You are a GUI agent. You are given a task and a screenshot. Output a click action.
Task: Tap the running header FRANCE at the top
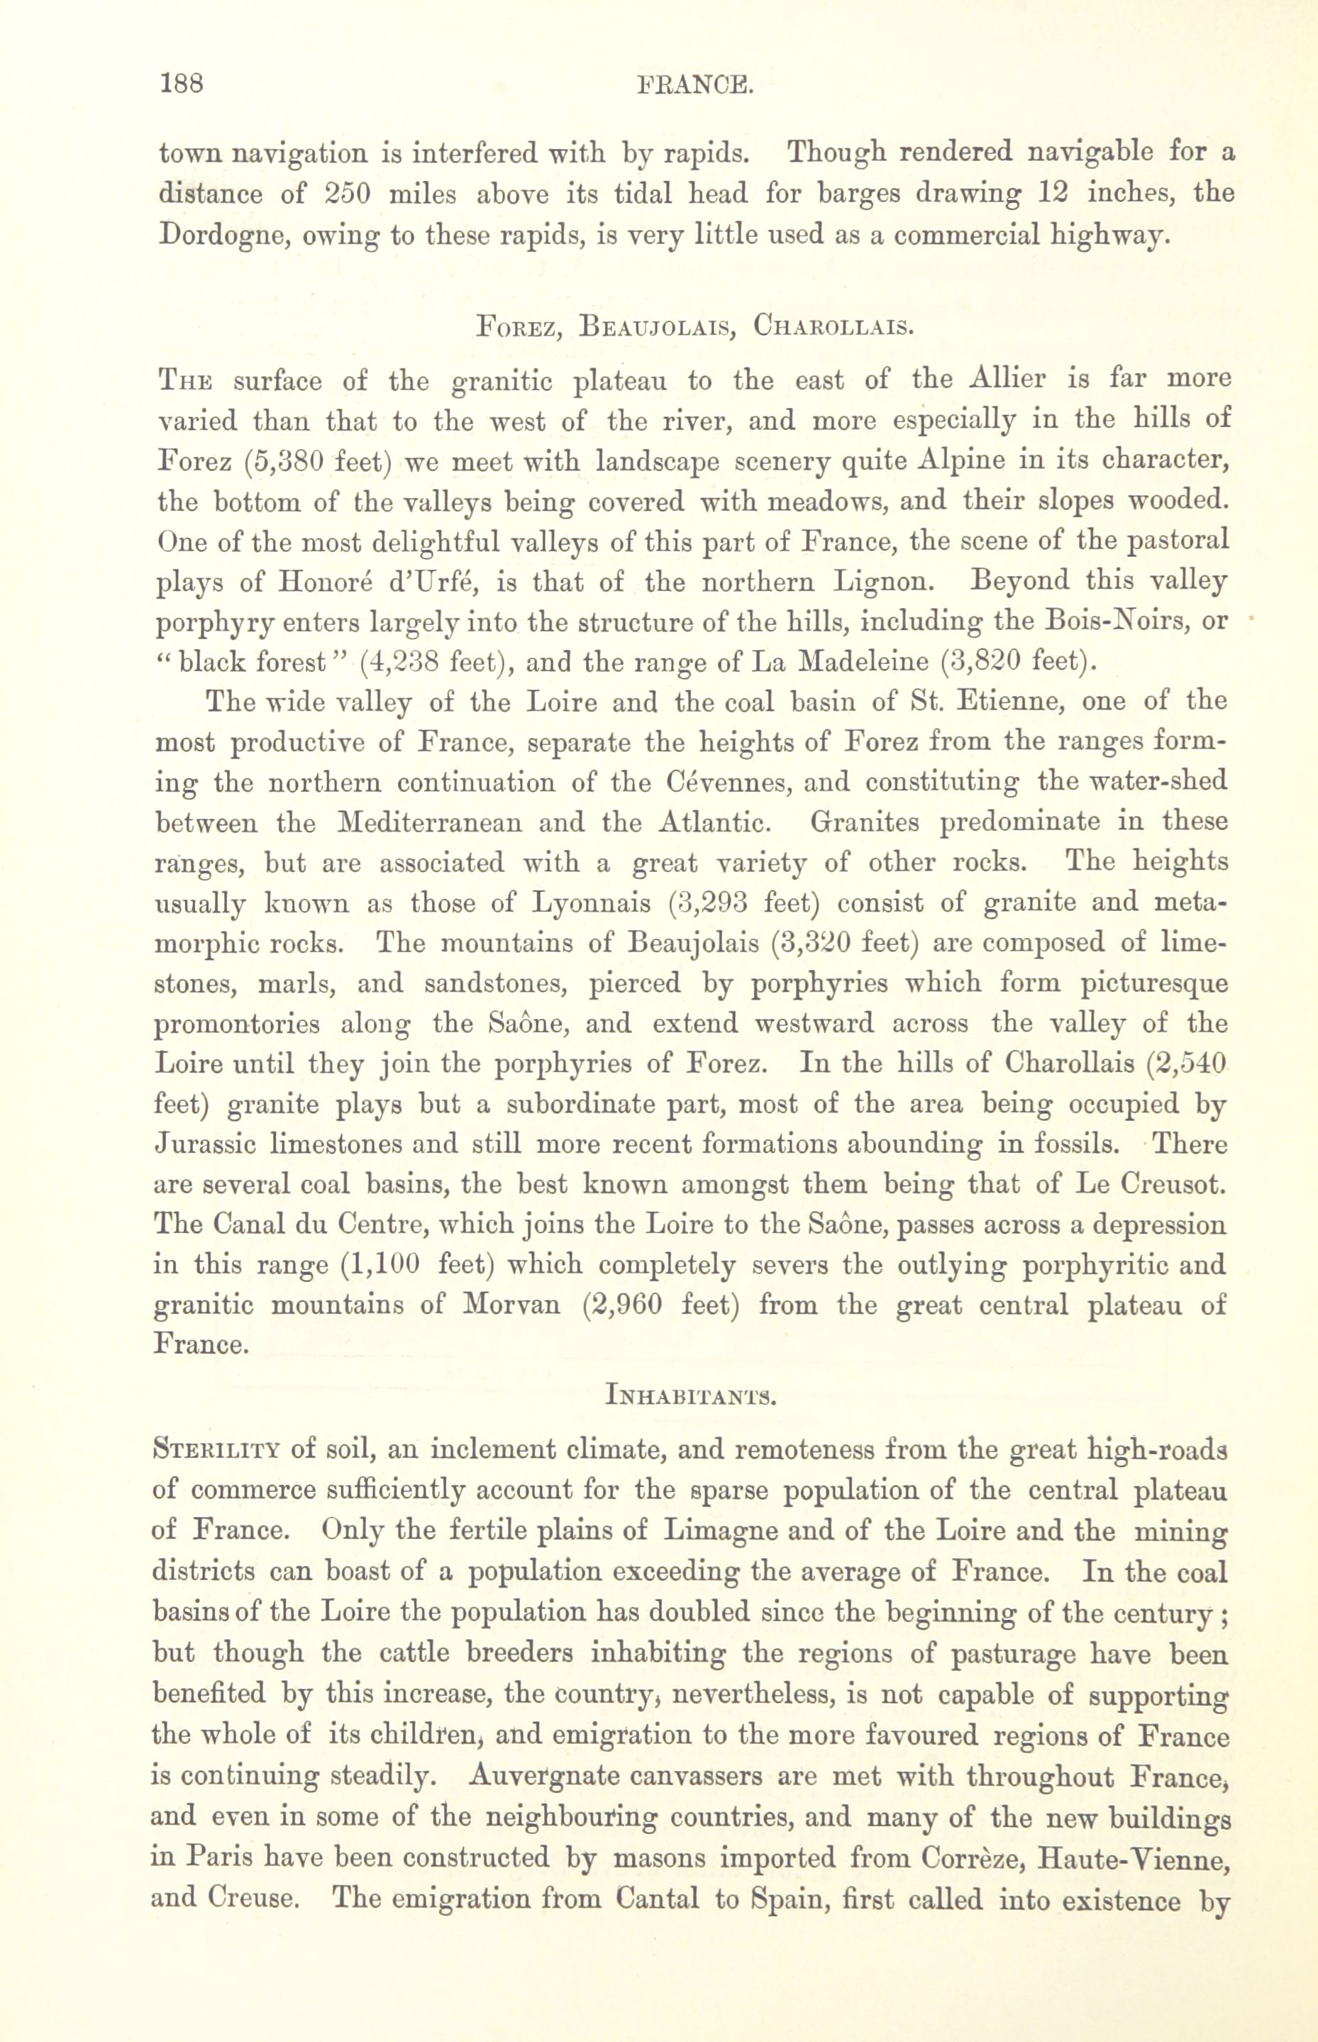(x=694, y=84)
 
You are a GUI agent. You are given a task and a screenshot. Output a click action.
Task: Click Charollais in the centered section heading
(x=833, y=327)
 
